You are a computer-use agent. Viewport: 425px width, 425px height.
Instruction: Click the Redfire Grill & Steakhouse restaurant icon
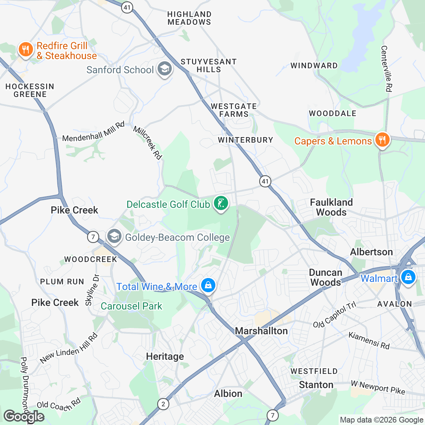[25, 50]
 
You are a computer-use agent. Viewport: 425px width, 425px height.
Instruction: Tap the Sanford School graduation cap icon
[164, 69]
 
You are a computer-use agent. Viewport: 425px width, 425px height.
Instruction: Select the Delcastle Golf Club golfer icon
[221, 204]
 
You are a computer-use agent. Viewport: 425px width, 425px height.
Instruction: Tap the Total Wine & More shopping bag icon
[208, 285]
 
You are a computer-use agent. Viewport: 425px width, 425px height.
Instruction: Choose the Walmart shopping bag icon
[408, 277]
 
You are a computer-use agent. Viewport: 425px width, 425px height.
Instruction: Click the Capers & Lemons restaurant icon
[382, 140]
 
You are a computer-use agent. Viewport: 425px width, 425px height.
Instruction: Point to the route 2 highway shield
[163, 404]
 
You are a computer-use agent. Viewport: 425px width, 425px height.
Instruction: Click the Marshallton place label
[261, 331]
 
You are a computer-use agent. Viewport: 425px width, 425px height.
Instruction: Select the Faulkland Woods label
[331, 207]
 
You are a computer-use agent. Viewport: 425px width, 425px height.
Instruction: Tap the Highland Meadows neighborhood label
[189, 18]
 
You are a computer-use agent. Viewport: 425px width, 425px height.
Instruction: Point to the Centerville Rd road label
[386, 69]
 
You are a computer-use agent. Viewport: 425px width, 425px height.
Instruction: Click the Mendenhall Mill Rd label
[93, 132]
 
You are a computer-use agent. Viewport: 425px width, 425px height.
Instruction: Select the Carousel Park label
[131, 306]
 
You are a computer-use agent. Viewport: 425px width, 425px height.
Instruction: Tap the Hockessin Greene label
[30, 90]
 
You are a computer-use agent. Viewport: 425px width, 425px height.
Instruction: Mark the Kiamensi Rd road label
[369, 340]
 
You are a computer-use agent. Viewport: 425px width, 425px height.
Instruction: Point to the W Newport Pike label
[378, 387]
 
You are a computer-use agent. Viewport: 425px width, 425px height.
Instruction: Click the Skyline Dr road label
[91, 290]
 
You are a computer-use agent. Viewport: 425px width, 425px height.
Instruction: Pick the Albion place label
[228, 393]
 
